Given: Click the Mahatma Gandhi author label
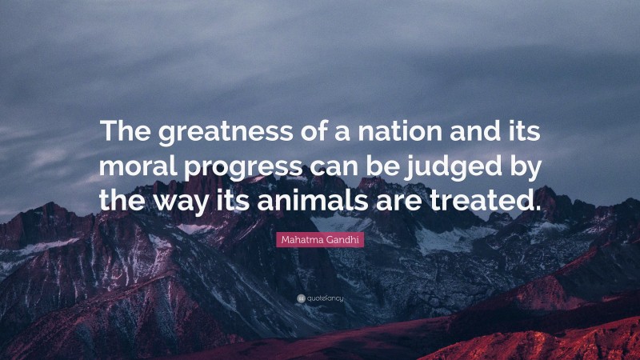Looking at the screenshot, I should pos(320,238).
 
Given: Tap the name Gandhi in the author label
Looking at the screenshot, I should pos(340,238).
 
